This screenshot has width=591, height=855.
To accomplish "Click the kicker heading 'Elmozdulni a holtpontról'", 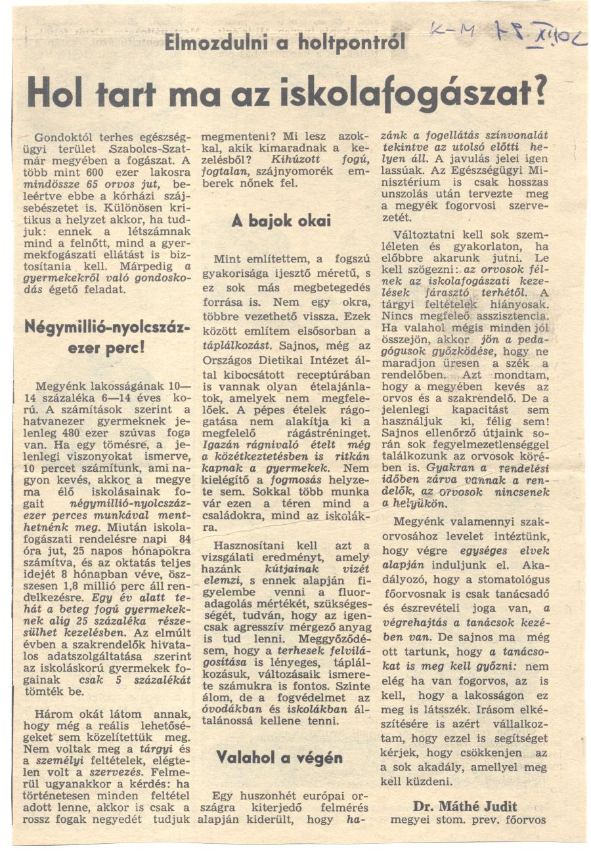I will point(285,43).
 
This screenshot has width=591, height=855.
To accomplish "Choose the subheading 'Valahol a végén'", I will point(279,757).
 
